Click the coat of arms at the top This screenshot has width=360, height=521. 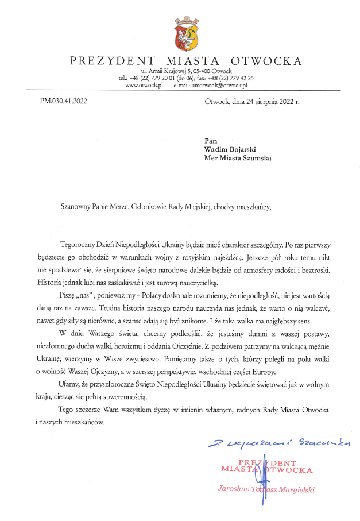pyautogui.click(x=186, y=34)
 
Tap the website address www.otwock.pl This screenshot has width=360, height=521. pyautogui.click(x=144, y=85)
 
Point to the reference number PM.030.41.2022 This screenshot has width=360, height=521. pyautogui.click(x=64, y=101)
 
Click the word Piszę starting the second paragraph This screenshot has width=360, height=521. pyautogui.click(x=67, y=295)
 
